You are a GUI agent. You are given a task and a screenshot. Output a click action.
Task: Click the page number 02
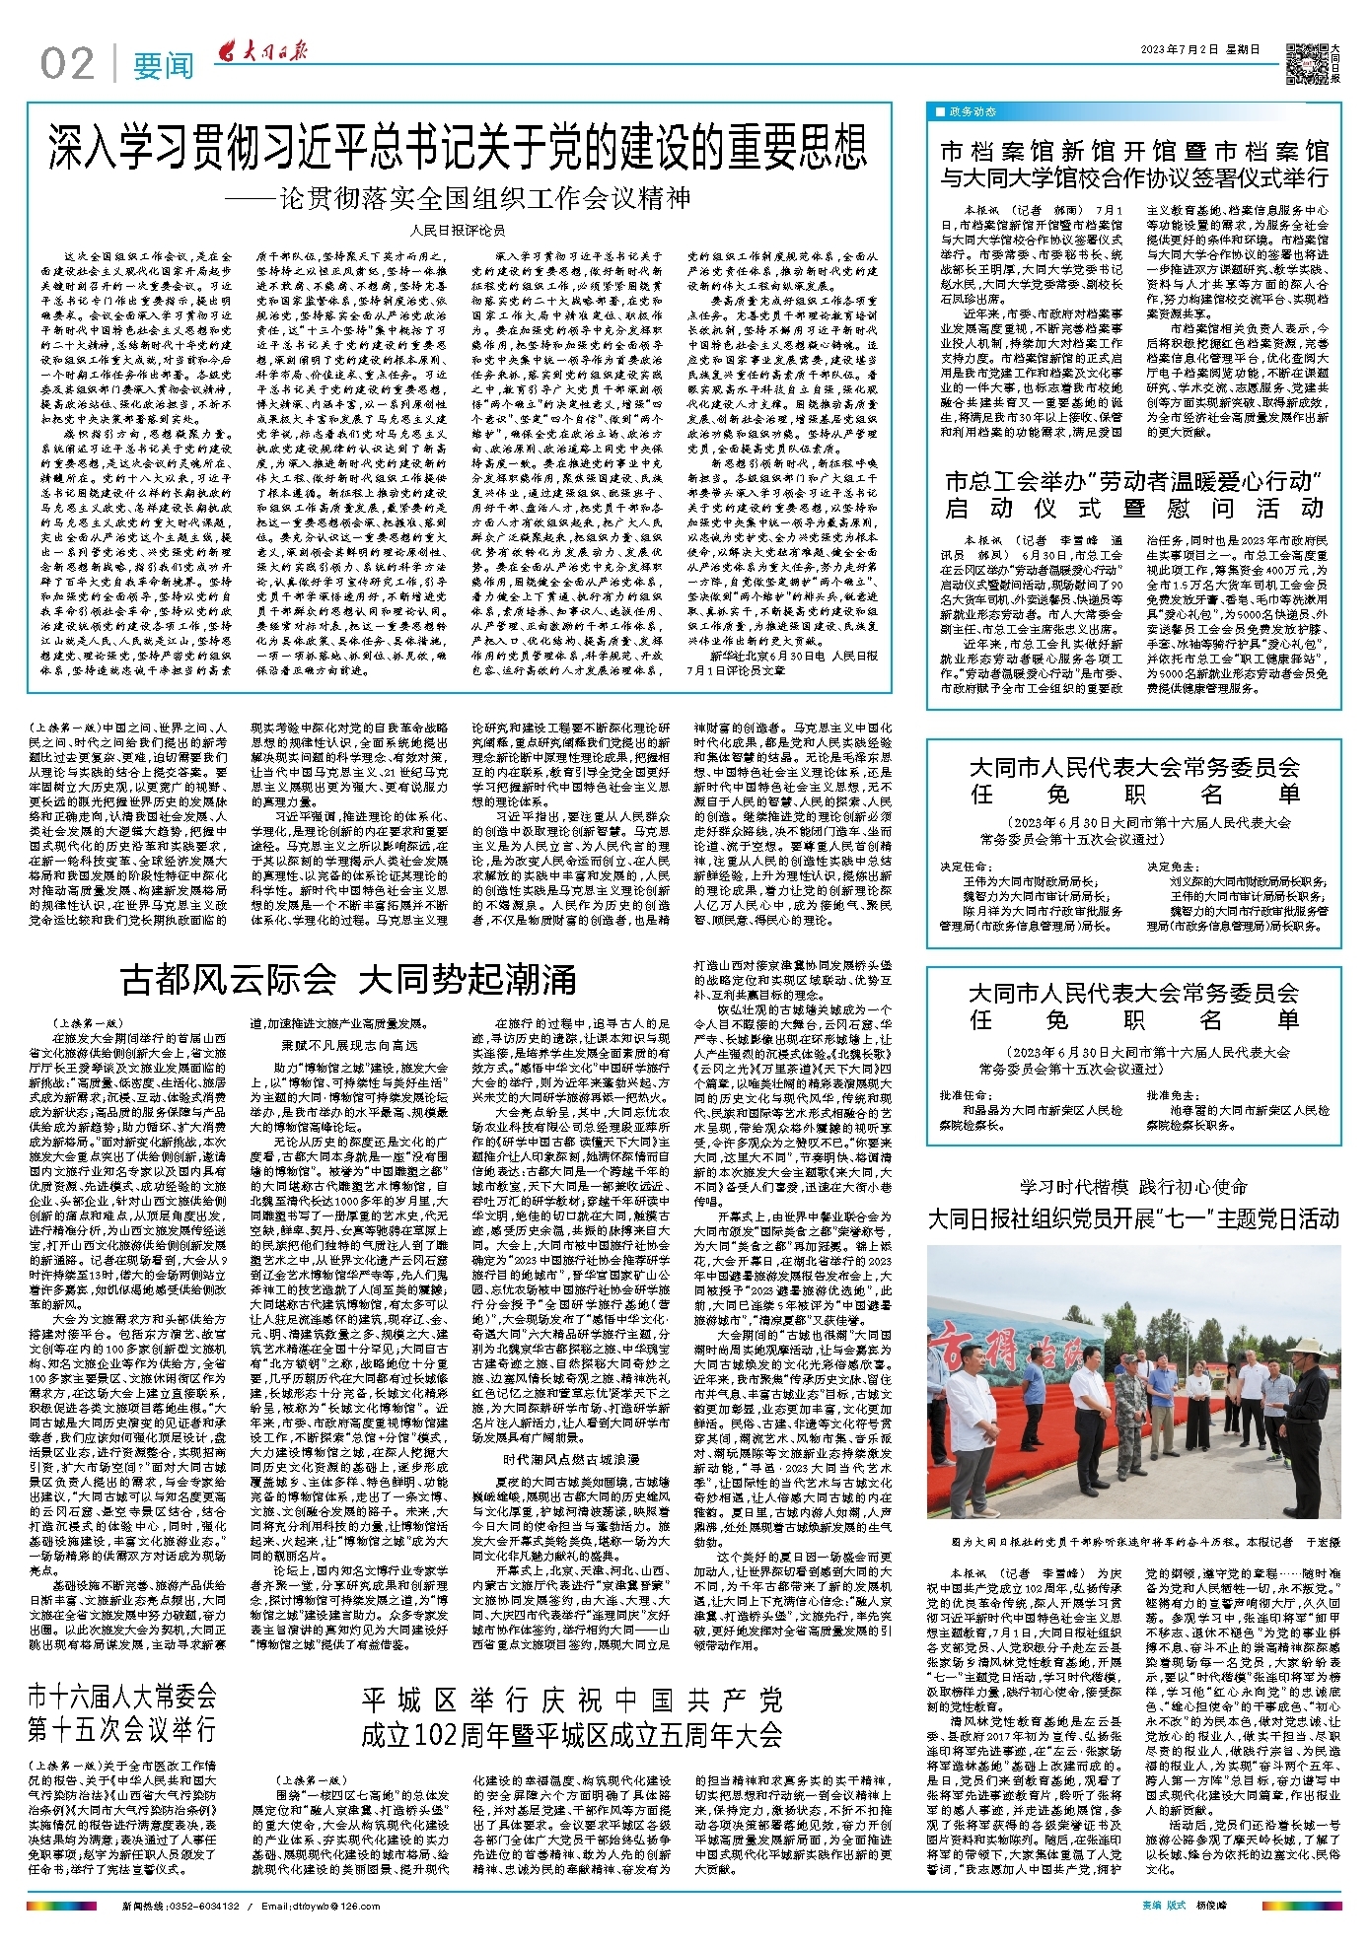67,64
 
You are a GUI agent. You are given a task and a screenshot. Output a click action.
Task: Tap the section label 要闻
164,65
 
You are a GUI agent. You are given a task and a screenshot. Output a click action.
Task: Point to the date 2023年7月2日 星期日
1199,50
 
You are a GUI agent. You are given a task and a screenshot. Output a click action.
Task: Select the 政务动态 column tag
971,112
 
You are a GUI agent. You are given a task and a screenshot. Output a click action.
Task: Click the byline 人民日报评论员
457,231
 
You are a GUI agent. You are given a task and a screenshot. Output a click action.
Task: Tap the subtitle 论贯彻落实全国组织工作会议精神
483,197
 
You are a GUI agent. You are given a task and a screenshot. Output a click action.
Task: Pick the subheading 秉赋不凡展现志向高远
349,1045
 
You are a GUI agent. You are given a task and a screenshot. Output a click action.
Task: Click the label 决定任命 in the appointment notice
964,867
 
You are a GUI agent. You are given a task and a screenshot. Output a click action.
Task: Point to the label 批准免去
1171,1095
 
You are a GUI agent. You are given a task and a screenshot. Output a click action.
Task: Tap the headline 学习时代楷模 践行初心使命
1133,1186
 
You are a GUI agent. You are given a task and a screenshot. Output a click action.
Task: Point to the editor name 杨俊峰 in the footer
1215,1906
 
